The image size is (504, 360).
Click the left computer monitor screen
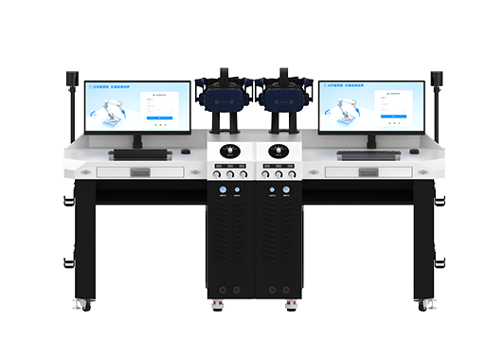(137, 105)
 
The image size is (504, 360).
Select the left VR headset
(225, 95)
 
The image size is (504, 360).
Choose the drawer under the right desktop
(369, 171)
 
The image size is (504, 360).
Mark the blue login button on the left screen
(161, 118)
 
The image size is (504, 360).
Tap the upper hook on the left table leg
(69, 200)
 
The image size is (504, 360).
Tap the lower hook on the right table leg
(440, 261)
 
